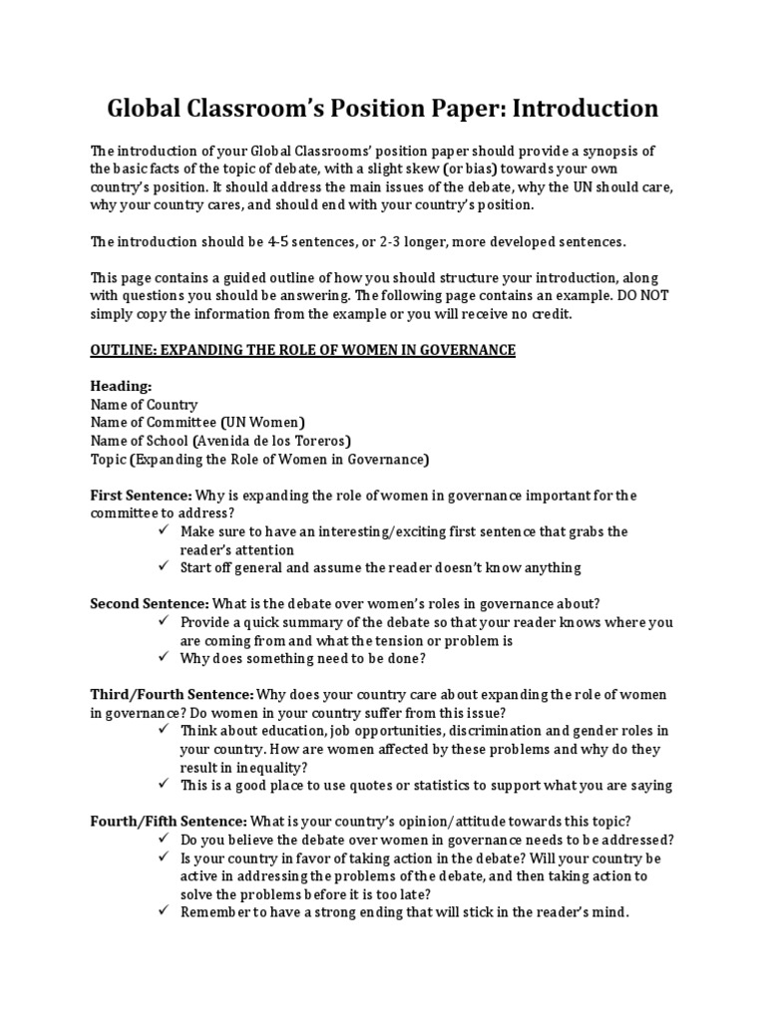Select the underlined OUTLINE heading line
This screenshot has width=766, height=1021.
click(303, 349)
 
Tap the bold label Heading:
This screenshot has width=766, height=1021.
click(123, 386)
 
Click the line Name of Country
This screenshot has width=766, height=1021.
click(144, 405)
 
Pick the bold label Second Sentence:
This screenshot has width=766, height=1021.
click(153, 603)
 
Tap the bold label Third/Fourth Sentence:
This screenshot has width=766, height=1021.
click(172, 694)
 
